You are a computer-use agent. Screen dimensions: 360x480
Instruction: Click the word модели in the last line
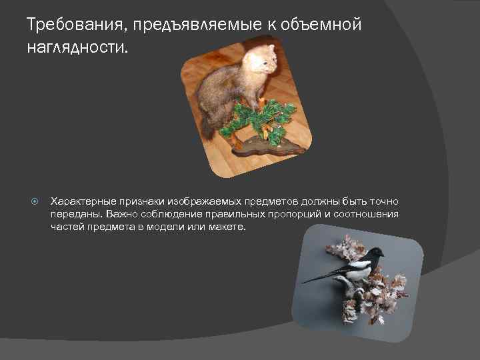(x=171, y=227)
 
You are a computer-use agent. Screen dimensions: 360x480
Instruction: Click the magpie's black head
(x=376, y=253)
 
